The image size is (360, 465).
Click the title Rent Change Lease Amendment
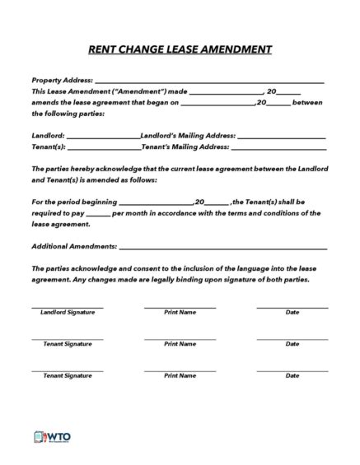(180, 49)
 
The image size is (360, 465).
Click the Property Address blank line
(210, 81)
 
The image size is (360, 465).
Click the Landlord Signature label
(68, 313)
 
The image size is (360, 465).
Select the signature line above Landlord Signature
(68, 307)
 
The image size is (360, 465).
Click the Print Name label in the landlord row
(180, 313)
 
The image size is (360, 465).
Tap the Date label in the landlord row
(292, 313)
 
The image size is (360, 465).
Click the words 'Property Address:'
(62, 80)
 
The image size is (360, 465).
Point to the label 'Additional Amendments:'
(74, 246)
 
